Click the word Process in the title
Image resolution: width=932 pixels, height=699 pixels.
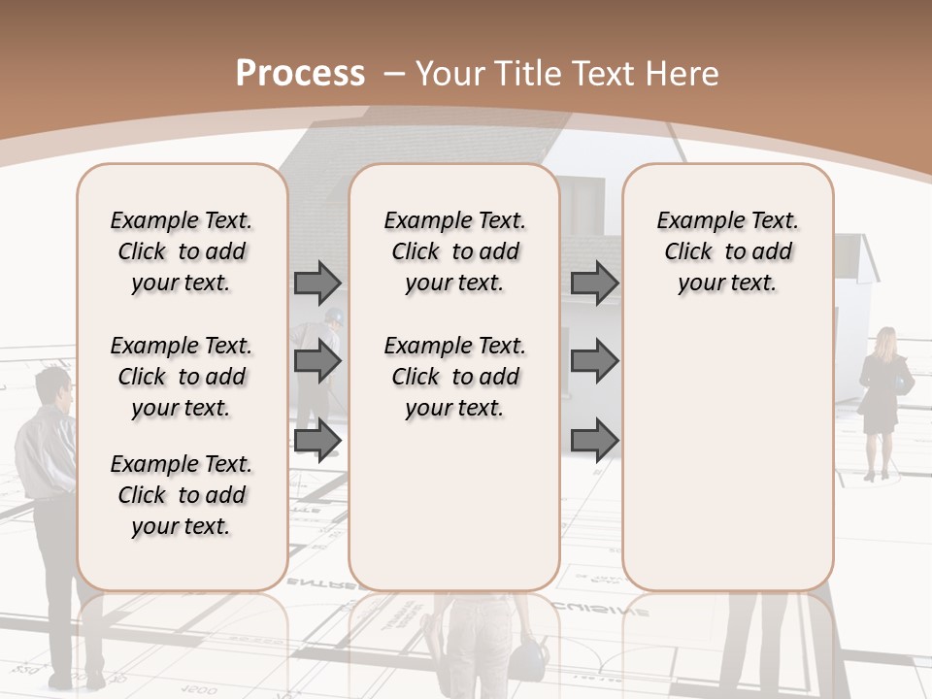(300, 73)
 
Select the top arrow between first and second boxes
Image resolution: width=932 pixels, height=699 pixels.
(317, 283)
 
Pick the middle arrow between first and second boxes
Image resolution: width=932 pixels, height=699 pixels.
(317, 361)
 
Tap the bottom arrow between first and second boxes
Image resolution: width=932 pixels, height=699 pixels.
(317, 440)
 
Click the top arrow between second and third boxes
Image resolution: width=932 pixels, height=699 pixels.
(594, 283)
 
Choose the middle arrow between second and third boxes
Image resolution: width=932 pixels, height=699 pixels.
(594, 361)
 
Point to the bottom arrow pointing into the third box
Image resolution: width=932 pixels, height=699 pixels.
(594, 440)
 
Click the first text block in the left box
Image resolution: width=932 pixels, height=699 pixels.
(182, 251)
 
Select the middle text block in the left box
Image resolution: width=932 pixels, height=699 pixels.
(182, 377)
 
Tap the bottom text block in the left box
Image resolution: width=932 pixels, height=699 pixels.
(182, 495)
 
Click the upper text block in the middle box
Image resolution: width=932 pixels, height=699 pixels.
(454, 251)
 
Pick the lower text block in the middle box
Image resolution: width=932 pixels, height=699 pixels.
(454, 377)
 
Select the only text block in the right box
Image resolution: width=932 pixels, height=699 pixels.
(727, 251)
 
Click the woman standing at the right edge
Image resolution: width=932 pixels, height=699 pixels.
(882, 398)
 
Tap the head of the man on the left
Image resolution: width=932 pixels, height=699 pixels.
(52, 386)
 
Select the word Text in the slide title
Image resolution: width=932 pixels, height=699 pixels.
(605, 74)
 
